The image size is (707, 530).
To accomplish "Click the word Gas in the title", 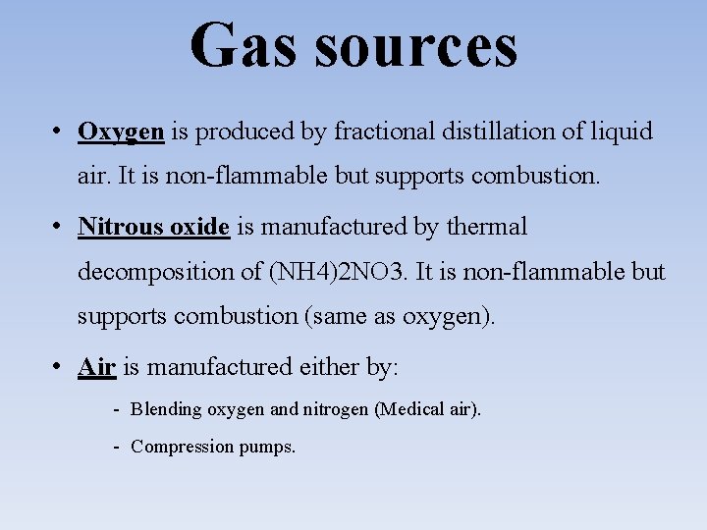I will (x=240, y=45).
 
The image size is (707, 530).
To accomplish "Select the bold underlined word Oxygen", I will (x=121, y=132).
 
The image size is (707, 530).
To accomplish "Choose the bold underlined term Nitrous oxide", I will (x=153, y=227).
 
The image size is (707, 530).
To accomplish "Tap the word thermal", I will (x=487, y=227).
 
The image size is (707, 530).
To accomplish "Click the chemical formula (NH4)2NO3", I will (x=336, y=272).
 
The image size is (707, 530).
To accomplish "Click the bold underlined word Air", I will (x=97, y=367).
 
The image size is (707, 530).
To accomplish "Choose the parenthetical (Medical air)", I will (x=428, y=409).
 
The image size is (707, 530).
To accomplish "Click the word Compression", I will (x=182, y=447).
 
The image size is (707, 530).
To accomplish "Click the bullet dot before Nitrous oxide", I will (x=60, y=226).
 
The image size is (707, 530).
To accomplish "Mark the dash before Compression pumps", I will (x=116, y=447).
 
